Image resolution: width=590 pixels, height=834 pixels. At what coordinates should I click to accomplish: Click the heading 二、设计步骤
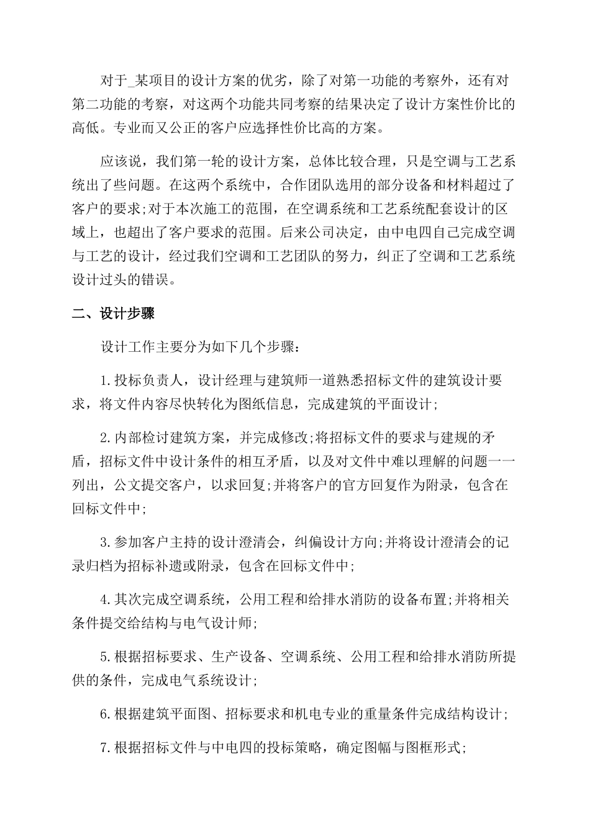[114, 313]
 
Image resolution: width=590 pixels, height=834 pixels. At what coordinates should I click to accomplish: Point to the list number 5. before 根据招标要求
[106, 657]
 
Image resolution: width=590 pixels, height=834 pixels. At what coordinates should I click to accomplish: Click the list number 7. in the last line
[106, 748]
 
